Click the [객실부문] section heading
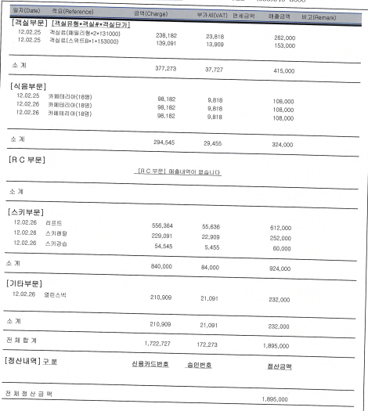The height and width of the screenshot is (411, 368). click(x=27, y=24)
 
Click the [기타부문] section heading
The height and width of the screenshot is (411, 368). click(x=27, y=283)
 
